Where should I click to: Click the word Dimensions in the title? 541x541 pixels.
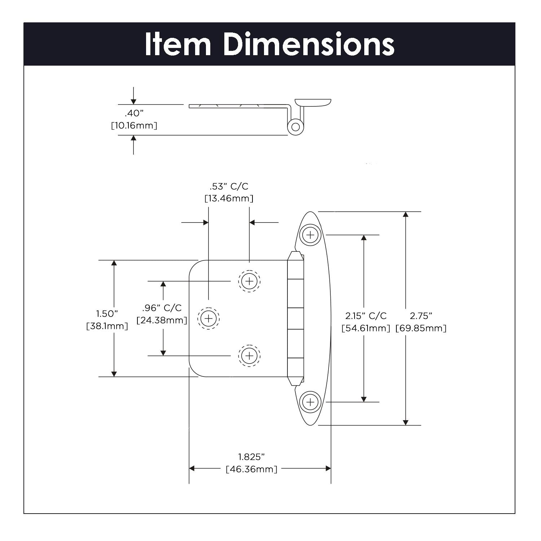(x=309, y=44)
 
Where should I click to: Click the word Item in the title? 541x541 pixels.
(x=178, y=44)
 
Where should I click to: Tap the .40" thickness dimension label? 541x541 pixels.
(x=134, y=113)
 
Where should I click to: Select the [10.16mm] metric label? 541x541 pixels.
(x=134, y=126)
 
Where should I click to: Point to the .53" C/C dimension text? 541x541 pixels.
(x=229, y=186)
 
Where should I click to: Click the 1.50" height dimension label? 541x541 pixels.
(x=107, y=313)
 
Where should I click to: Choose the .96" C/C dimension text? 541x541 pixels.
(x=162, y=308)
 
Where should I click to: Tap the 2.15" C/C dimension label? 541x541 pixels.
(x=366, y=316)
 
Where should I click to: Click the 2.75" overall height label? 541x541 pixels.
(x=421, y=316)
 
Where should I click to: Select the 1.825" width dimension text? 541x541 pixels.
(x=251, y=457)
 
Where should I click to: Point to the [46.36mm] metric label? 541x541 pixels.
(x=251, y=469)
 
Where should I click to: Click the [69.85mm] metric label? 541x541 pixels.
(x=421, y=328)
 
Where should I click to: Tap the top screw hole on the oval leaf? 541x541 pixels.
(x=310, y=235)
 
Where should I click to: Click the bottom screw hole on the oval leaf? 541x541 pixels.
(x=310, y=402)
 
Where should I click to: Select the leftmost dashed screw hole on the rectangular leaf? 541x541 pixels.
(x=208, y=318)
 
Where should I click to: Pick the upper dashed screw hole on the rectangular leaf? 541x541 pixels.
(x=249, y=281)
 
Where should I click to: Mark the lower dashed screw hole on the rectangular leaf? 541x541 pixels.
(x=249, y=356)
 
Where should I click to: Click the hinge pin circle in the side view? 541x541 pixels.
(x=295, y=127)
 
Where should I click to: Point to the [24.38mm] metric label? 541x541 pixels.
(x=162, y=320)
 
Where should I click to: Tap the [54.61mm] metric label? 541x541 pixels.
(x=366, y=328)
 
